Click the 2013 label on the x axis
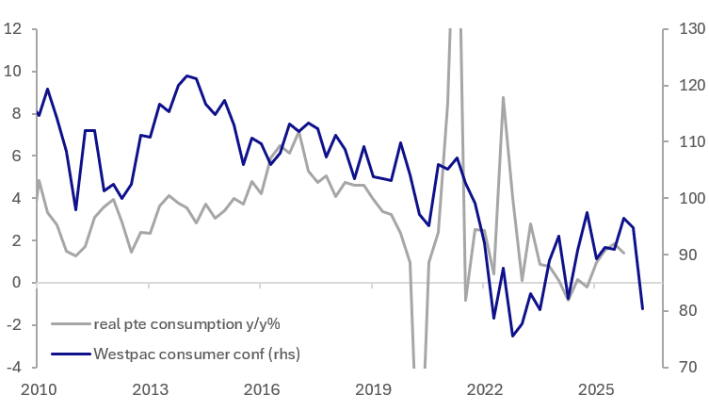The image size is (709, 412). pyautogui.click(x=150, y=389)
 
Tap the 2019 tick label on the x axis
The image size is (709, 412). pyautogui.click(x=373, y=389)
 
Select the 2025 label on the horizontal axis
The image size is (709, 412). pyautogui.click(x=596, y=389)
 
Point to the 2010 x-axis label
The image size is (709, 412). pyautogui.click(x=39, y=389)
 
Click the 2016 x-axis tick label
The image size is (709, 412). pyautogui.click(x=262, y=389)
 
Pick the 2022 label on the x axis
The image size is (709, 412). pyautogui.click(x=485, y=389)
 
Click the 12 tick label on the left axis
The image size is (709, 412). pyautogui.click(x=12, y=29)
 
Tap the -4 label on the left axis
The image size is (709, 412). pyautogui.click(x=13, y=367)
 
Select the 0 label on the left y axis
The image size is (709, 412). pyautogui.click(x=17, y=283)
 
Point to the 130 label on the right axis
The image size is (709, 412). pyautogui.click(x=692, y=29)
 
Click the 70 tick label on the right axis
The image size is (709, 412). pyautogui.click(x=688, y=367)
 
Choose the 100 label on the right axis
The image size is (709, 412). pyautogui.click(x=692, y=198)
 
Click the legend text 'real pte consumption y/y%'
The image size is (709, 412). pyautogui.click(x=186, y=324)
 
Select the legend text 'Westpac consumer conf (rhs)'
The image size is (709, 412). pyautogui.click(x=197, y=354)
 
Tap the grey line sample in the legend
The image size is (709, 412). pyautogui.click(x=71, y=324)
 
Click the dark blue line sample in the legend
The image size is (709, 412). pyautogui.click(x=71, y=354)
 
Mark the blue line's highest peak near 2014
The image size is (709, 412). pyautogui.click(x=186, y=75)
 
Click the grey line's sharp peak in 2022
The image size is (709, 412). pyautogui.click(x=503, y=97)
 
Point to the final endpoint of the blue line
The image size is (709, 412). pyautogui.click(x=642, y=309)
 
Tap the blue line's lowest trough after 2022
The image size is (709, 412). pyautogui.click(x=513, y=336)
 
